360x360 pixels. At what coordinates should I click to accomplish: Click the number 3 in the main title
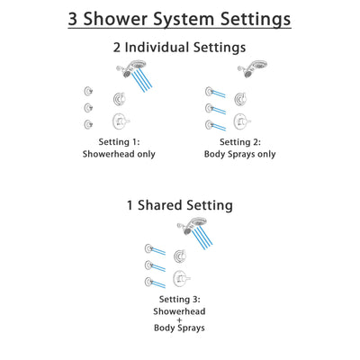(67, 20)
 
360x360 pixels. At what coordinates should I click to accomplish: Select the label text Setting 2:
(238, 141)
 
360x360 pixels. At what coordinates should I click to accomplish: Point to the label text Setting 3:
(178, 299)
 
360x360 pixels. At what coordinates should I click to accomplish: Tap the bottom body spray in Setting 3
(148, 282)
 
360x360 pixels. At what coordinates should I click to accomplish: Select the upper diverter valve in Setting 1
(119, 98)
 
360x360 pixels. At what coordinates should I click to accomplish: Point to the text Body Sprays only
(238, 154)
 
